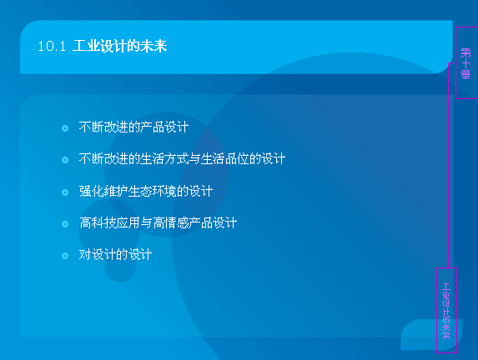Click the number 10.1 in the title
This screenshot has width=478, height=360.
tap(52, 47)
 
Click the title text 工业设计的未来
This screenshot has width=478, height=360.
tap(120, 47)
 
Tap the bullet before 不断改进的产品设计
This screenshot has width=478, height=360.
tap(65, 128)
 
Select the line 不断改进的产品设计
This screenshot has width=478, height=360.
tap(133, 127)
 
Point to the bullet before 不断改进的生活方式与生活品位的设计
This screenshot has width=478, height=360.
tap(65, 160)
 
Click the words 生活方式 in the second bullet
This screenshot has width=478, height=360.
tap(164, 159)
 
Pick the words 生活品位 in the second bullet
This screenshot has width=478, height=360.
tap(224, 159)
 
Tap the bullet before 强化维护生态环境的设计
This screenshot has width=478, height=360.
tap(65, 192)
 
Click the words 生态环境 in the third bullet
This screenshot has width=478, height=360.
tap(152, 192)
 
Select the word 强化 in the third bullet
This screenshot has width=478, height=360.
tap(91, 192)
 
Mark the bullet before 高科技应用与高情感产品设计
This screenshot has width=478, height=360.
tap(65, 224)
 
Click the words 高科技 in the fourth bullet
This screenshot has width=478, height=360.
tap(98, 223)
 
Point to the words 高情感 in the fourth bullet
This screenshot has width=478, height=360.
tap(171, 223)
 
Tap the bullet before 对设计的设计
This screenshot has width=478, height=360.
tap(65, 256)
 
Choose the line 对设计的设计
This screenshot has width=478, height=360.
tap(115, 255)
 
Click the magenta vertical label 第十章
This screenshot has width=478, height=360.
tap(465, 63)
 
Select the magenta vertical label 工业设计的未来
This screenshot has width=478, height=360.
tap(446, 311)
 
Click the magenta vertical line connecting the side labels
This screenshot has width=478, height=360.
tap(449, 165)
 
